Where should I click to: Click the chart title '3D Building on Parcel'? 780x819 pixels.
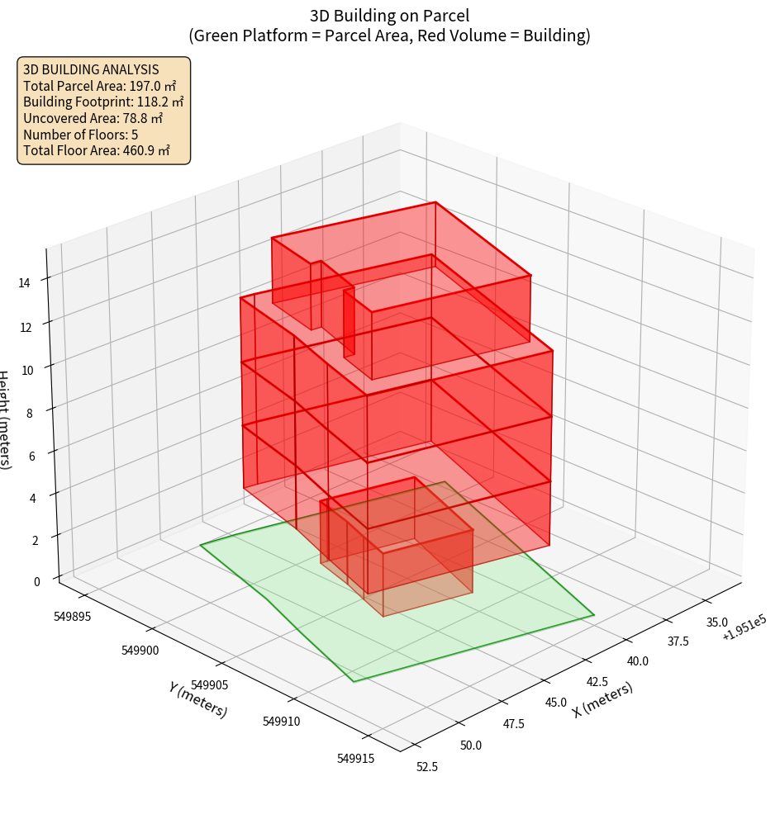[x=389, y=16]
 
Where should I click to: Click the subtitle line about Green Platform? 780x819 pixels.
[x=389, y=36]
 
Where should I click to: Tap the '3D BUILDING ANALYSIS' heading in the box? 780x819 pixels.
[x=91, y=69]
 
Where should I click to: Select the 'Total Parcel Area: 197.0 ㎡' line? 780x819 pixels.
[x=100, y=86]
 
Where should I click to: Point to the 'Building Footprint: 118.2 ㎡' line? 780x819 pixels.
[x=103, y=102]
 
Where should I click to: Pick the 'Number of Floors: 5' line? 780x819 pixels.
[x=80, y=135]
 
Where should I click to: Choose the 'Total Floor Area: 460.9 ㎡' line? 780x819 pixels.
[x=97, y=150]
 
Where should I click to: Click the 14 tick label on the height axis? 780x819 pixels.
[x=25, y=282]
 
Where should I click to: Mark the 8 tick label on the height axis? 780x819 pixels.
[x=30, y=413]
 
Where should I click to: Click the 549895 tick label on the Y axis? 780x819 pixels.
[x=73, y=616]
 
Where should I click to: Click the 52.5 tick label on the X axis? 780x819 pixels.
[x=427, y=766]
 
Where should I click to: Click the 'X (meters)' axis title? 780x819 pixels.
[x=602, y=700]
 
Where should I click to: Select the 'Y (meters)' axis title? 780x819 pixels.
[x=198, y=698]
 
